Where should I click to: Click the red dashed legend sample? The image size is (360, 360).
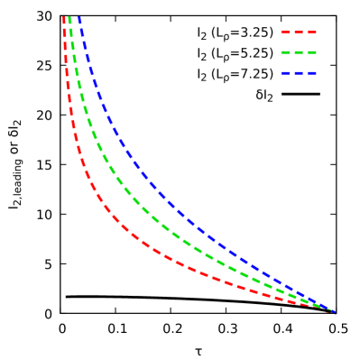click(299, 32)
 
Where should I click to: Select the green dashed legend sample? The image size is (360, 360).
click(299, 52)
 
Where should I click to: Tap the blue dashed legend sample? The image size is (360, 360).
click(299, 73)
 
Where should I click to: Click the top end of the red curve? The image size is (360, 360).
click(65, 18)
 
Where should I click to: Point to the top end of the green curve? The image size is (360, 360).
click(70, 18)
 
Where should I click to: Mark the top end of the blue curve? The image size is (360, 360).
click(79, 18)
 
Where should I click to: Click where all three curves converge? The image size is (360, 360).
click(333, 312)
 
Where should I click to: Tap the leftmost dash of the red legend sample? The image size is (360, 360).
click(285, 32)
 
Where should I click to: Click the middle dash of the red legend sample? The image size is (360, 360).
click(299, 32)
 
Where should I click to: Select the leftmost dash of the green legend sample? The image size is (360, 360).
click(285, 52)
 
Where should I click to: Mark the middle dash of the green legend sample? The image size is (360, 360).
click(299, 52)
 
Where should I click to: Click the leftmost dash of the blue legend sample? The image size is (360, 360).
click(285, 73)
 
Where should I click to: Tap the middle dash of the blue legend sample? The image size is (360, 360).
click(299, 73)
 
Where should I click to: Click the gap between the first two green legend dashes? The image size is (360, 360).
click(291, 52)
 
